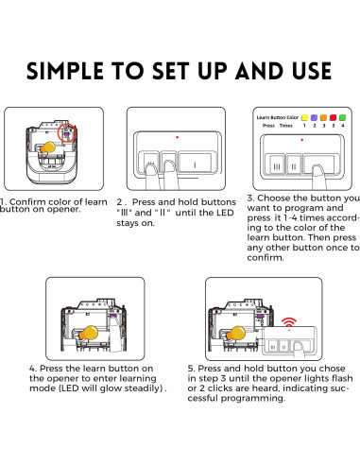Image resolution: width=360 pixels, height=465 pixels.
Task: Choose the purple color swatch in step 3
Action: point(316,118)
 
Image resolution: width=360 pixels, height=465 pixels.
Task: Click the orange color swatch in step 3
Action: point(328,118)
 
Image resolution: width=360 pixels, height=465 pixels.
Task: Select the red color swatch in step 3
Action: point(340,118)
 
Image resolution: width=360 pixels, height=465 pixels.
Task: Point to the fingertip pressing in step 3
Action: point(318,168)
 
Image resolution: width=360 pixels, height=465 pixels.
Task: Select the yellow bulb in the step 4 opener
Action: point(91,332)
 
